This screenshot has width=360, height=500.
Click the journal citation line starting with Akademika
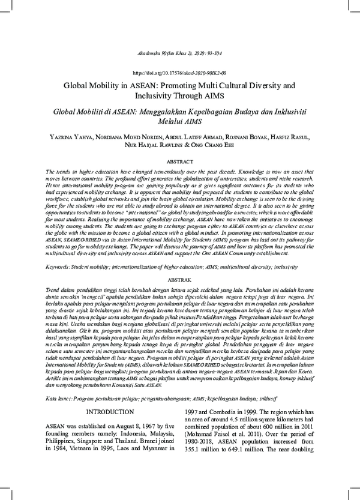click(x=179, y=53)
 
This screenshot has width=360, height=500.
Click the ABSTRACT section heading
click(x=179, y=162)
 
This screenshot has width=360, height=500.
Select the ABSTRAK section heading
click(x=179, y=280)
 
